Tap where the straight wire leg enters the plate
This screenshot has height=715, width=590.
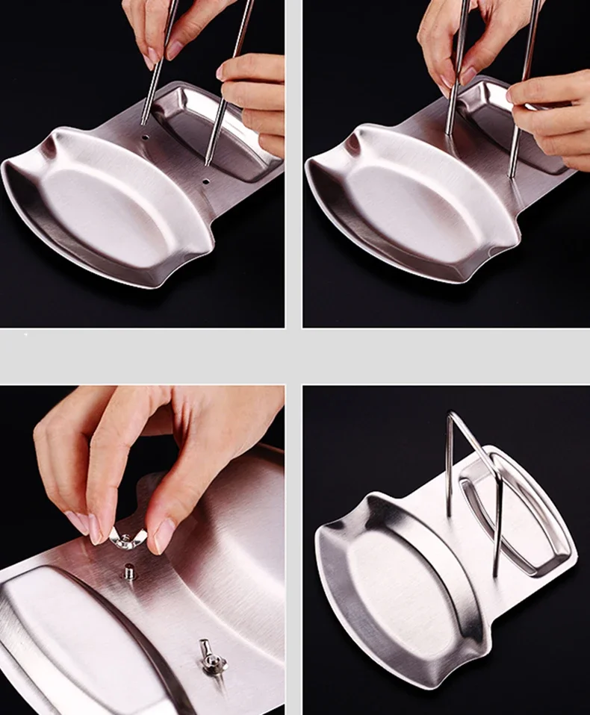[449, 515]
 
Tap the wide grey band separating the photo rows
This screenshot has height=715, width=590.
[295, 356]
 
